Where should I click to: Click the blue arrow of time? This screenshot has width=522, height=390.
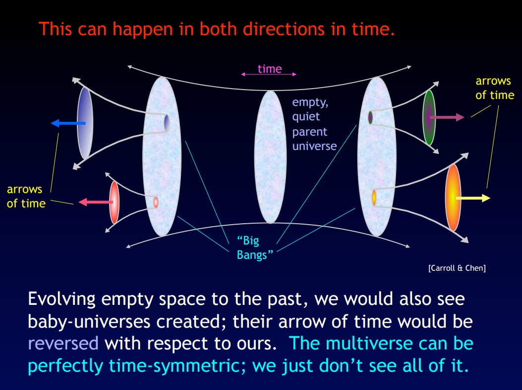pyautogui.click(x=68, y=123)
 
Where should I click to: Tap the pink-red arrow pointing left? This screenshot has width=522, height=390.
pyautogui.click(x=96, y=202)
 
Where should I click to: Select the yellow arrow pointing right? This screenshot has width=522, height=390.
pyautogui.click(x=473, y=198)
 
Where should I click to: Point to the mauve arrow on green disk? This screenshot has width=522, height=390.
pyautogui.click(x=447, y=117)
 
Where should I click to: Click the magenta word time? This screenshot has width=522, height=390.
pyautogui.click(x=270, y=69)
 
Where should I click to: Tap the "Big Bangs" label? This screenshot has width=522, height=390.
pyautogui.click(x=255, y=247)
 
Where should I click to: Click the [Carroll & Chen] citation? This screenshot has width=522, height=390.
pyautogui.click(x=457, y=268)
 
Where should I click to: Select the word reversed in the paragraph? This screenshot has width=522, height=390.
pyautogui.click(x=63, y=343)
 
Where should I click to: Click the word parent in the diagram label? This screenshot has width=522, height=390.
pyautogui.click(x=310, y=132)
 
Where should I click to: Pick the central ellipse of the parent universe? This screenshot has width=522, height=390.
pyautogui.click(x=270, y=157)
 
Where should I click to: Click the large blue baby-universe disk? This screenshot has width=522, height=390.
pyautogui.click(x=85, y=123)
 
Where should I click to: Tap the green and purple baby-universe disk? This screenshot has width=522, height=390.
pyautogui.click(x=429, y=117)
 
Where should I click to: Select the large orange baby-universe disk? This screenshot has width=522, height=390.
pyautogui.click(x=453, y=198)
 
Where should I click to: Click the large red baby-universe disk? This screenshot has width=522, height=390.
pyautogui.click(x=114, y=202)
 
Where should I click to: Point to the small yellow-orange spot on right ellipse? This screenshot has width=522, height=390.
pyautogui.click(x=374, y=197)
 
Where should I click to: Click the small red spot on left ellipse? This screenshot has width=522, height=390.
pyautogui.click(x=156, y=202)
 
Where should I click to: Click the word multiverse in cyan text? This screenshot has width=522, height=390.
pyautogui.click(x=368, y=343)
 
